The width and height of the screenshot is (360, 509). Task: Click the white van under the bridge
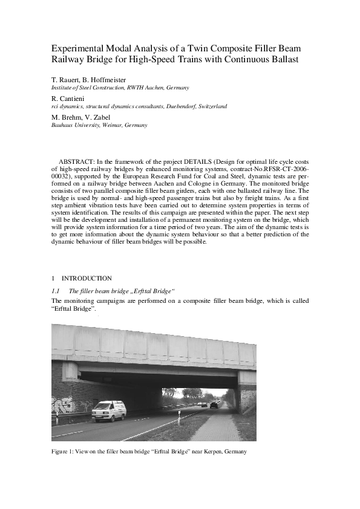[x=109, y=410]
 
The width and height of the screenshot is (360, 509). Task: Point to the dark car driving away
[x=214, y=405]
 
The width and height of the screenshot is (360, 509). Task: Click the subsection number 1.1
[x=55, y=291]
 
